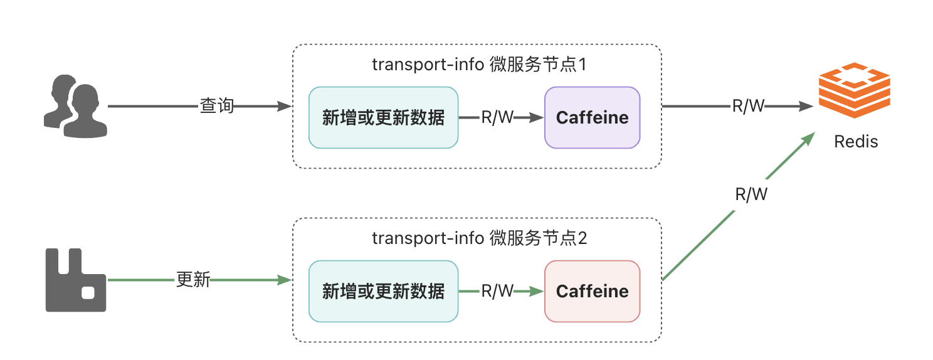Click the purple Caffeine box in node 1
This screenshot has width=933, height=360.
[x=592, y=117]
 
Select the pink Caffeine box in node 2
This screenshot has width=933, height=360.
[x=592, y=291]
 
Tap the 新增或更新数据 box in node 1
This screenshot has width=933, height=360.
[x=383, y=117]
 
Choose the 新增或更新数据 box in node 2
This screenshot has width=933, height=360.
[x=383, y=291]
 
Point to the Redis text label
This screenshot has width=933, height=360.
[x=856, y=142]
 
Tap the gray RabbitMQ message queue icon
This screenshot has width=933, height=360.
[x=75, y=280]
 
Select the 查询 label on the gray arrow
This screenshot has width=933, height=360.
[x=217, y=106]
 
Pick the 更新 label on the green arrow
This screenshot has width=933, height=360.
[x=193, y=280]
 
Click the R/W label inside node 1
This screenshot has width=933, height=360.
[x=497, y=117]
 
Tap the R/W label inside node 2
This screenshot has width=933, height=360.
[x=497, y=291]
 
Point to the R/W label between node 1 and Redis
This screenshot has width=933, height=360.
[x=748, y=106]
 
